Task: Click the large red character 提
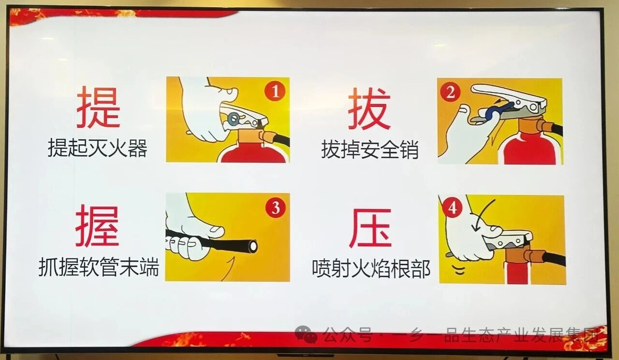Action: coord(98,107)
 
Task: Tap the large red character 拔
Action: coord(369,109)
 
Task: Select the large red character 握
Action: coord(97,226)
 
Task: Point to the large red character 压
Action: coord(370,228)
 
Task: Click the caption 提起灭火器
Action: coord(97,149)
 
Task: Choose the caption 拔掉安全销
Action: coord(369,150)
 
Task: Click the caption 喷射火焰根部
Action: coord(371,269)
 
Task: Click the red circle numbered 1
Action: coord(275,91)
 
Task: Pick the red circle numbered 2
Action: coord(450,92)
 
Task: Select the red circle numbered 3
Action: coord(276,208)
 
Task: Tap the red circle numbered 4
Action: coord(452,208)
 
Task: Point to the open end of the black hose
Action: coord(252,246)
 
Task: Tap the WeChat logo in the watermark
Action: coord(306,334)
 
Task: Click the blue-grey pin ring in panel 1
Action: coord(234,119)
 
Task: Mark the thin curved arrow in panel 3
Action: coord(228,269)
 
